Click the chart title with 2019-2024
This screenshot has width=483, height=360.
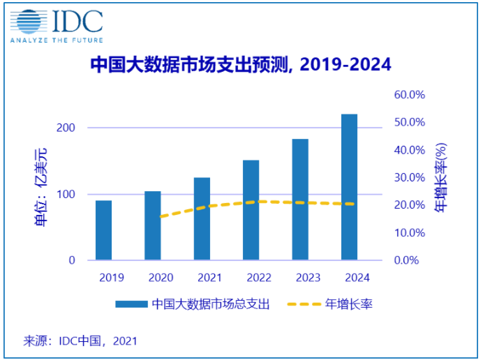point(241,65)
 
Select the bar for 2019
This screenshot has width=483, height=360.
point(104,230)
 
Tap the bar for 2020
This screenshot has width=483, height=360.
point(153,225)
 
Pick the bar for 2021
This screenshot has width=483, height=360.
point(202,218)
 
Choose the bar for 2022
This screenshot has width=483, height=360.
point(251,210)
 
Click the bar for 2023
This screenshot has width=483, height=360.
point(300,200)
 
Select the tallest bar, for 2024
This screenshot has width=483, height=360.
point(349,187)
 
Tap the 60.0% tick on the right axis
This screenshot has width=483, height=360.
point(410,95)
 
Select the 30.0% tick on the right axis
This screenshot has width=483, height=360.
point(410,177)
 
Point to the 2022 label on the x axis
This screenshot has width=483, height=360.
point(258,278)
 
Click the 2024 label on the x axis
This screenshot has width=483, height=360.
point(357,278)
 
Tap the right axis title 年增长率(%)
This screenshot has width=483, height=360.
point(441,177)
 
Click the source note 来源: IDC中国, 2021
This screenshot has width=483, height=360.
point(80,341)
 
